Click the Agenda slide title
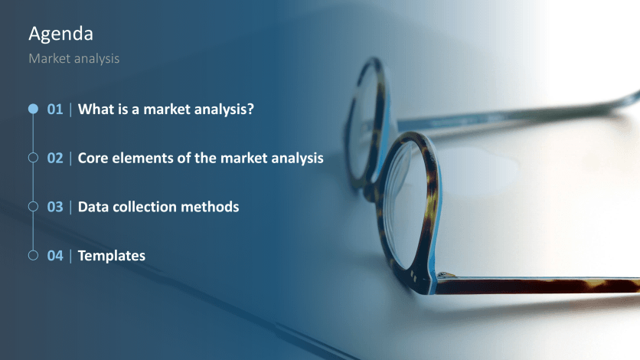click(x=61, y=34)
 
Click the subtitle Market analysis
click(x=73, y=58)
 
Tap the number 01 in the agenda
click(x=55, y=110)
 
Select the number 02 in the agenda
click(x=55, y=159)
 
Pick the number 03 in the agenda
click(x=55, y=207)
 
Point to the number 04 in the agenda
click(x=55, y=256)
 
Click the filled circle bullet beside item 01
click(x=33, y=110)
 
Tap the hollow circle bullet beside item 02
click(x=33, y=159)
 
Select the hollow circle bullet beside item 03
click(x=33, y=207)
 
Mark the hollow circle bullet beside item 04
click(x=33, y=256)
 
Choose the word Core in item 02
click(x=93, y=159)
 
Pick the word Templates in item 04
click(x=112, y=256)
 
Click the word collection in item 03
click(x=147, y=207)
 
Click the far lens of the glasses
click(x=360, y=123)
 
